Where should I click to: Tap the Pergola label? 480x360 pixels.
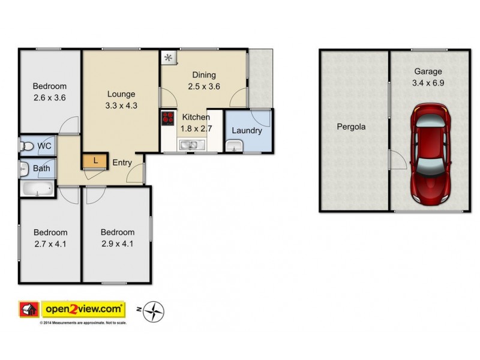351,127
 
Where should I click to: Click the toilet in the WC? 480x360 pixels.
27,146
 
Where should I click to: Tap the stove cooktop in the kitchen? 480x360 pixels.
168,118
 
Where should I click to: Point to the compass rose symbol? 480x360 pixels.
154,311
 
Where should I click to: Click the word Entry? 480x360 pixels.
122,162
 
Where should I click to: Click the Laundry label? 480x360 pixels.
246,130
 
